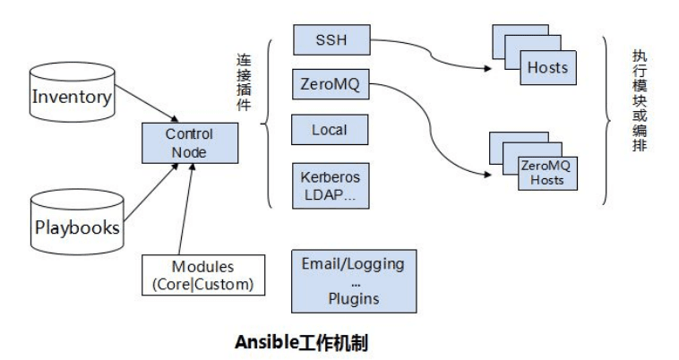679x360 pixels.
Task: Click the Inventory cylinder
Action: (73, 97)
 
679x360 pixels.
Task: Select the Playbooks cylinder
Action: (76, 227)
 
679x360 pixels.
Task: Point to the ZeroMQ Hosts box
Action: (546, 171)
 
